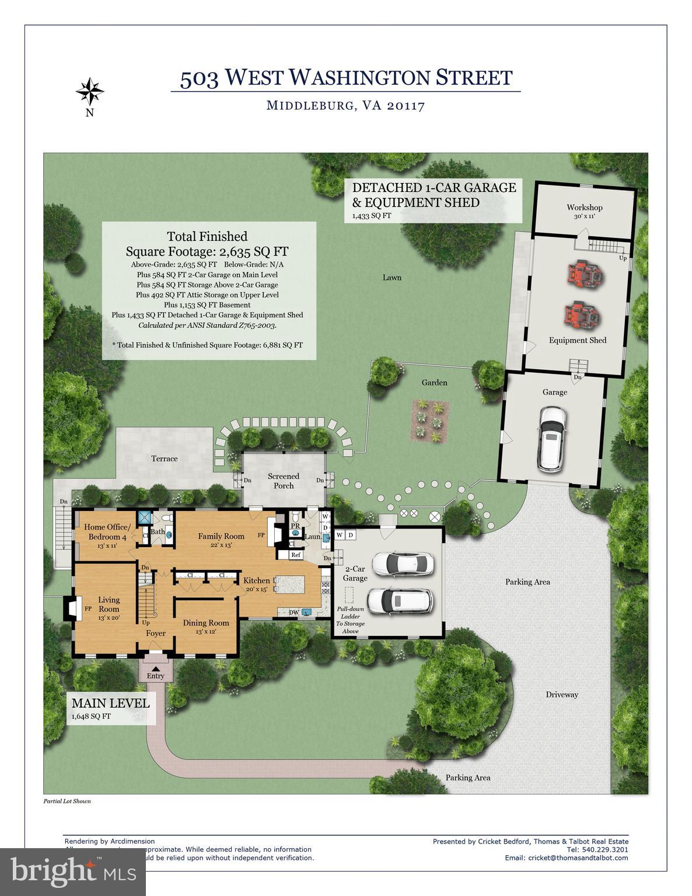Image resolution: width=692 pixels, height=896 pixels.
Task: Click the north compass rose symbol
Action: point(90,91)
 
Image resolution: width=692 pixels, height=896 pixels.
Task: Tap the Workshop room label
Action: point(584,208)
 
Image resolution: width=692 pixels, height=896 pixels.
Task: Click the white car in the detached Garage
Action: point(552,438)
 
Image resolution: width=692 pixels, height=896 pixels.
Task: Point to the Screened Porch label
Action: point(284,481)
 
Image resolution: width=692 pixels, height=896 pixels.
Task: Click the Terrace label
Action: point(165,459)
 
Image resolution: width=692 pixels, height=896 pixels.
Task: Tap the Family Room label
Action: point(221,536)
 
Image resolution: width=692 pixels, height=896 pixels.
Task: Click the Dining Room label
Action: point(206,623)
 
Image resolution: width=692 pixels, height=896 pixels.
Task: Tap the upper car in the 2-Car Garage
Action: point(403,563)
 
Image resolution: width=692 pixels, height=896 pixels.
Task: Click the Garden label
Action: point(435,383)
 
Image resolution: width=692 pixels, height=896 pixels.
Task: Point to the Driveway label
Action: point(562,694)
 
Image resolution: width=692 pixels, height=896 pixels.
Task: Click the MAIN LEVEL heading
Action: point(110,703)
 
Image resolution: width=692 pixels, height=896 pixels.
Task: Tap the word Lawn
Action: point(392,278)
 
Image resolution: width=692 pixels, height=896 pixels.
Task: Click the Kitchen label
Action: point(257,580)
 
